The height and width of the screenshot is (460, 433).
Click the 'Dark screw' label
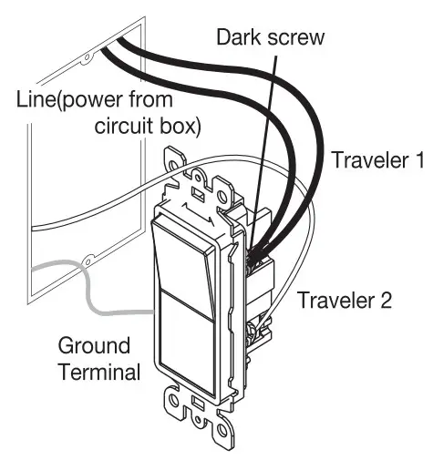pyautogui.click(x=271, y=37)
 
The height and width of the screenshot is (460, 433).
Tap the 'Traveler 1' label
pyautogui.click(x=378, y=159)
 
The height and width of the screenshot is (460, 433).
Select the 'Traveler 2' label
pyautogui.click(x=345, y=300)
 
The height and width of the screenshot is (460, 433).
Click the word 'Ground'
pyautogui.click(x=94, y=347)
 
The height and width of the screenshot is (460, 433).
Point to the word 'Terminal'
pyautogui.click(x=100, y=371)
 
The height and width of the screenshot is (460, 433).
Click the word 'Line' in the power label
pyautogui.click(x=36, y=99)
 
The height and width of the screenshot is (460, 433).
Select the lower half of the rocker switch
pyautogui.click(x=187, y=340)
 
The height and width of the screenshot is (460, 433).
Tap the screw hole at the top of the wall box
pyautogui.click(x=88, y=57)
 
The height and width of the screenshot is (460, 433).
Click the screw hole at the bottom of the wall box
pyautogui.click(x=88, y=261)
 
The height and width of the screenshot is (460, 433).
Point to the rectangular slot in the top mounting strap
pyautogui.click(x=198, y=193)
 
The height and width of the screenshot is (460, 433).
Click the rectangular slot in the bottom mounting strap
pyautogui.click(x=199, y=404)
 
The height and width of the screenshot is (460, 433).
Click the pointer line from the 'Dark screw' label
pyautogui.click(x=263, y=152)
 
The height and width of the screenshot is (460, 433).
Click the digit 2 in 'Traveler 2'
pyautogui.click(x=386, y=300)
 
